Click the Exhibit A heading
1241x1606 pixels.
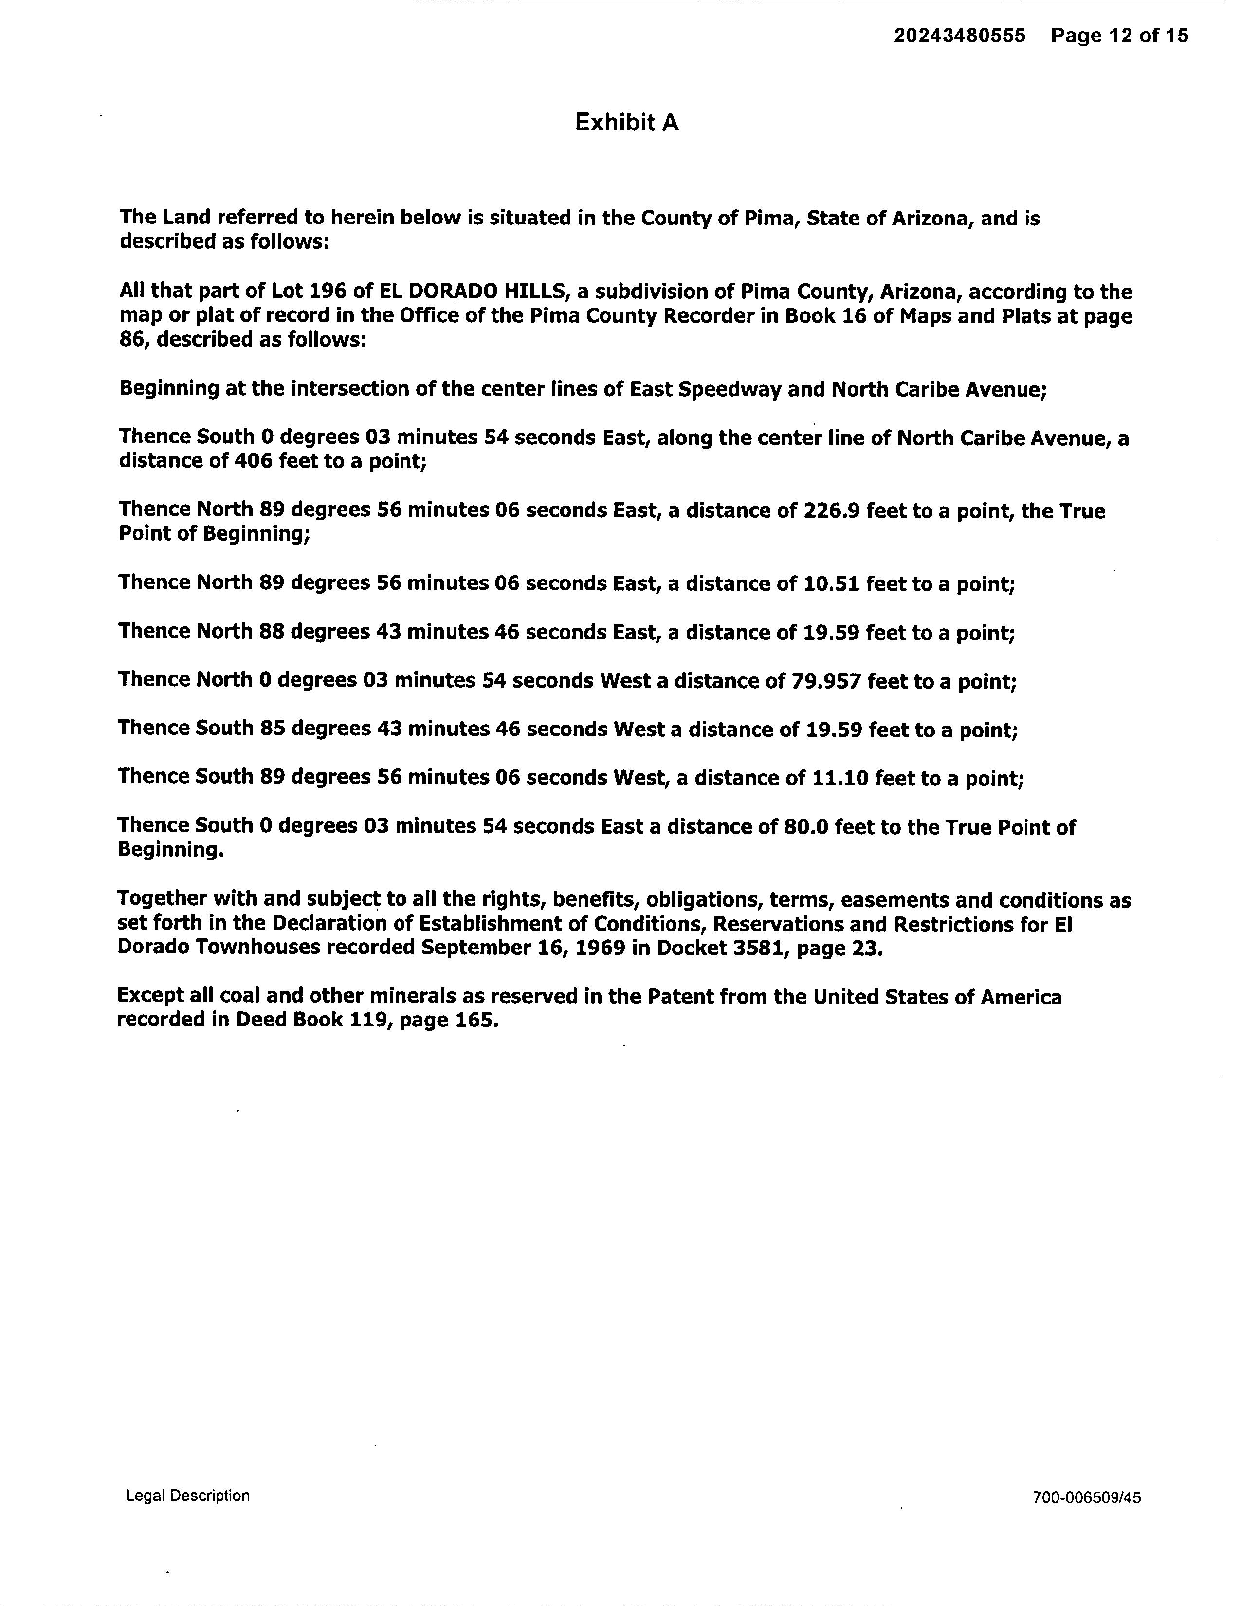pos(626,122)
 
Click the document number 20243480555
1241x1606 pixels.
pos(959,36)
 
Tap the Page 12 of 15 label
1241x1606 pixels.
pos(1119,36)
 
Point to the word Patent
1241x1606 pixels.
pos(683,997)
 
